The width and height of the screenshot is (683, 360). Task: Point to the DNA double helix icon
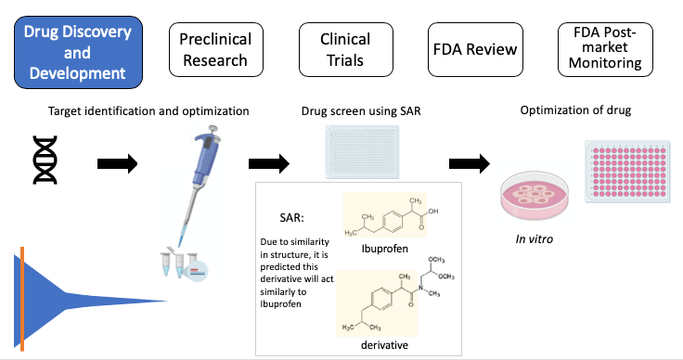45,163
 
